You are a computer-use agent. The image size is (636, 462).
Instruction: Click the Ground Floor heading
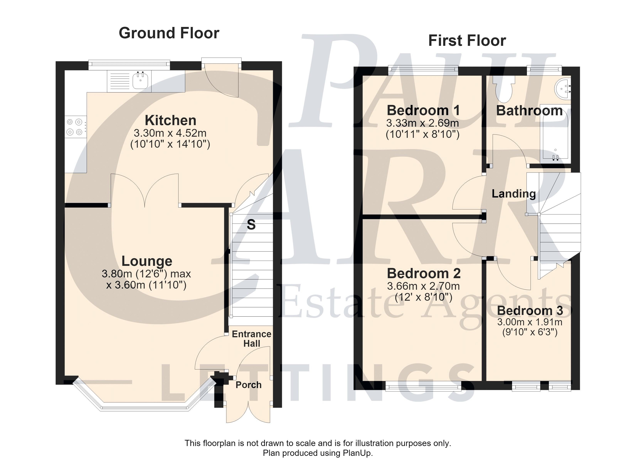click(169, 33)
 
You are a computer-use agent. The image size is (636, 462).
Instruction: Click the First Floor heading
click(467, 41)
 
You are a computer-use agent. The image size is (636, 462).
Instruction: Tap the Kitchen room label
click(171, 121)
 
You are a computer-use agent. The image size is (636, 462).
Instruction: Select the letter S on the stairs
click(251, 225)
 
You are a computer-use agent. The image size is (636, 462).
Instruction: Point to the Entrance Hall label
click(252, 339)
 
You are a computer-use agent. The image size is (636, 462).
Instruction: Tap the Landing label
click(514, 194)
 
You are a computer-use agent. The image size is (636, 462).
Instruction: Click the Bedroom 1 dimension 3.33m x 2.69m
click(423, 123)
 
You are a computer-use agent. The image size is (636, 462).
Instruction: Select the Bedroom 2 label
click(424, 273)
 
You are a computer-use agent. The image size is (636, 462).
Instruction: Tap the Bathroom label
click(529, 111)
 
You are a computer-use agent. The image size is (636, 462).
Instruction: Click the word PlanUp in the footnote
click(357, 453)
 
